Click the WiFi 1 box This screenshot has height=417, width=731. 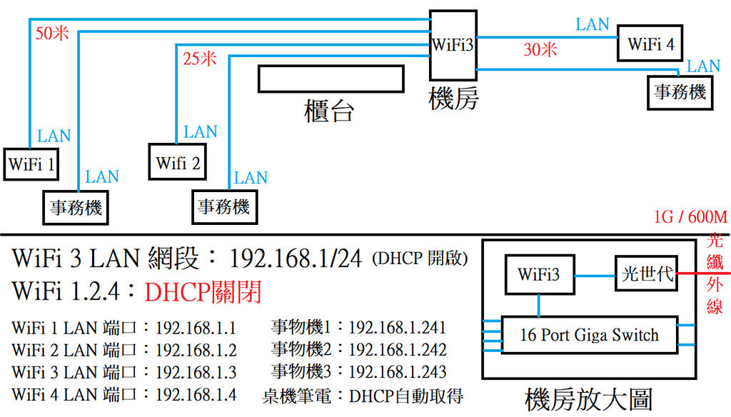click(x=31, y=164)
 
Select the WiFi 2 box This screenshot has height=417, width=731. click(x=178, y=162)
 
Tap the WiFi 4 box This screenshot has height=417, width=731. click(x=650, y=44)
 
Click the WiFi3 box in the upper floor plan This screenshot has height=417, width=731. click(x=453, y=44)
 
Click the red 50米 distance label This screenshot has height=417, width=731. click(x=52, y=34)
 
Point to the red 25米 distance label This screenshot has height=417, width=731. click(x=198, y=59)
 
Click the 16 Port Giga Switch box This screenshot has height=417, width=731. click(x=588, y=335)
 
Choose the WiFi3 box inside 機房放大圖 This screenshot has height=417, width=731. click(x=539, y=273)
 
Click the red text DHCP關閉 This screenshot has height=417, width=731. click(x=202, y=292)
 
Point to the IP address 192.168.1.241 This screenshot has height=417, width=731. click(x=398, y=328)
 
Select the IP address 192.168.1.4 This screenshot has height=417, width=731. click(x=195, y=394)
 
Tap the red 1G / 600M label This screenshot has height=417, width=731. click(x=690, y=216)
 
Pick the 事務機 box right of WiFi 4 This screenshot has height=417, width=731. click(x=680, y=92)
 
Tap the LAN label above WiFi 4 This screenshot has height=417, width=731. click(x=593, y=24)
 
